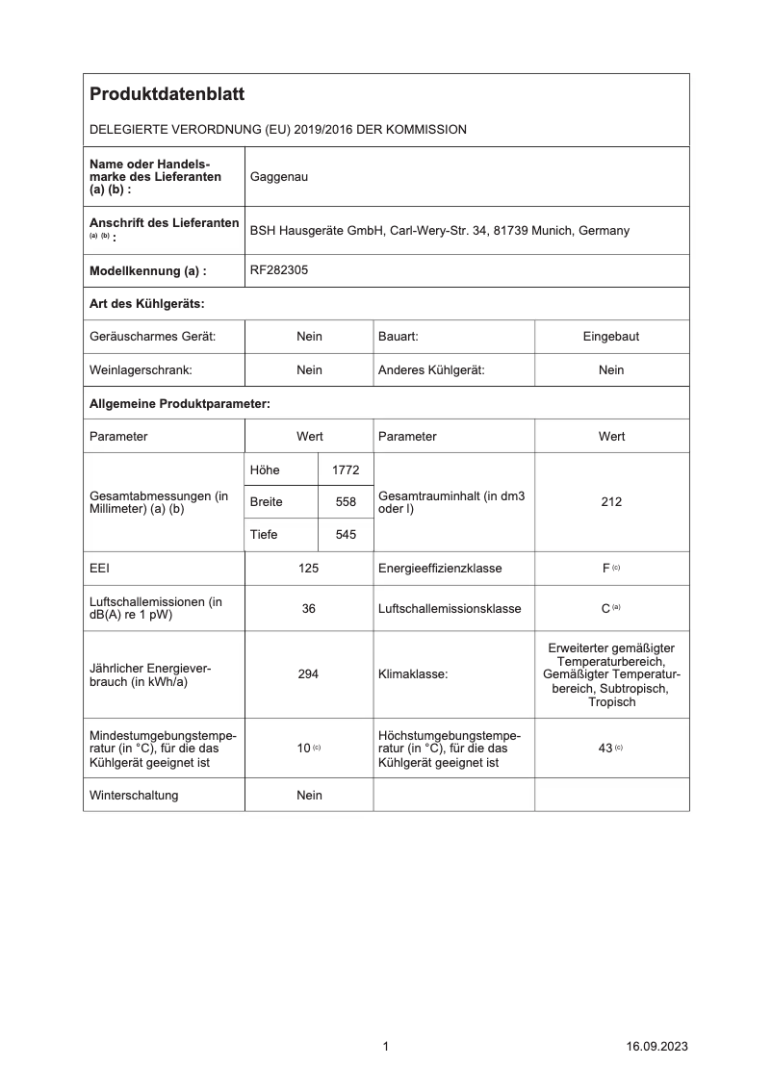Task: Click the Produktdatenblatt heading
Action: coord(167,94)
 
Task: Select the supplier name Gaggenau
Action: coord(279,177)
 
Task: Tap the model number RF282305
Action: coord(279,271)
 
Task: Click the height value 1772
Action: coord(345,469)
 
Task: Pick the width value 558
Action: coord(345,502)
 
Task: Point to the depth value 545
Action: coord(345,535)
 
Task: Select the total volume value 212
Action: coord(611,502)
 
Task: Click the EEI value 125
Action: coord(309,569)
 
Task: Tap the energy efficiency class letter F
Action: coord(605,569)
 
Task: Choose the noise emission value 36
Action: coord(309,609)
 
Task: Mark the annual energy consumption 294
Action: coord(309,674)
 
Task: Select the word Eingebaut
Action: coord(611,337)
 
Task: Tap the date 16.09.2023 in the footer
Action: coord(656,1047)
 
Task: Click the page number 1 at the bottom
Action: coord(386,1047)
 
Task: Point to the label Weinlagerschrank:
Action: coord(141,370)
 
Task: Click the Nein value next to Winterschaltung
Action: coord(309,796)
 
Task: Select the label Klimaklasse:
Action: coord(413,674)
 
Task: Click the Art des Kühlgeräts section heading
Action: coord(146,304)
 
